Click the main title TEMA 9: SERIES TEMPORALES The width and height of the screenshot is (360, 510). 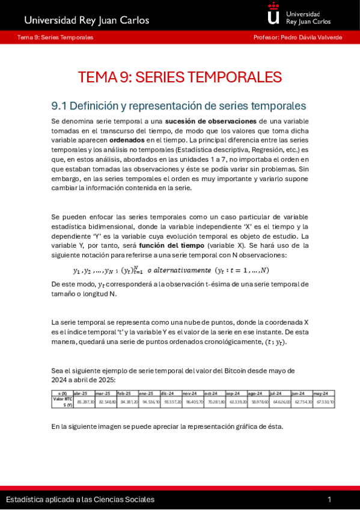click(180, 78)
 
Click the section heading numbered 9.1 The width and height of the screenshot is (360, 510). click(178, 106)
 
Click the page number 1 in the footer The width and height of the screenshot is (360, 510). click(329, 499)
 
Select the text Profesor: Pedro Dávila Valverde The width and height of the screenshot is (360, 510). click(297, 37)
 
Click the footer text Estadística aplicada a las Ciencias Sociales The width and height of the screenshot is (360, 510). click(80, 499)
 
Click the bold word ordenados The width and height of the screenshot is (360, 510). click(127, 140)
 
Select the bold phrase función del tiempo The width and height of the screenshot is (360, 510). click(171, 245)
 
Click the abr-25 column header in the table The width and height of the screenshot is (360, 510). click(81, 393)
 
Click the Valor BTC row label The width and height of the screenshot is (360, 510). click(62, 401)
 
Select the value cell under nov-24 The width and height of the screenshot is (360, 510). click(192, 402)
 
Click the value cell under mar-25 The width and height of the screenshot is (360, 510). click(106, 402)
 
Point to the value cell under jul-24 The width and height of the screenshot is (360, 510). click(279, 402)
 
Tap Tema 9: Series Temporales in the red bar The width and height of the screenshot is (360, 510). click(55, 37)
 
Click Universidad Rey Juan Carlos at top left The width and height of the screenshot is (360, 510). click(87, 20)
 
